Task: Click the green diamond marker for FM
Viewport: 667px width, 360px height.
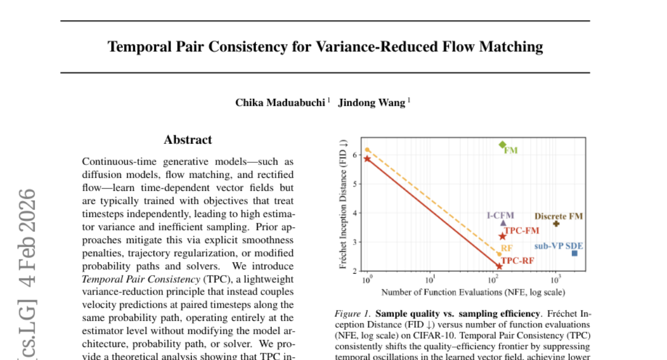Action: (x=502, y=144)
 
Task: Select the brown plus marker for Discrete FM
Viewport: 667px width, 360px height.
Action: (x=556, y=223)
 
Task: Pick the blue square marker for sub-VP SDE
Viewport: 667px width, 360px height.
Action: (x=574, y=253)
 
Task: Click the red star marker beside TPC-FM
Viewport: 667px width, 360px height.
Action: (x=502, y=237)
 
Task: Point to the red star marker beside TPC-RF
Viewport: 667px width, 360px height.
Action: (x=499, y=267)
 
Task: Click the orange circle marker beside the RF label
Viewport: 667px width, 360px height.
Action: (x=499, y=254)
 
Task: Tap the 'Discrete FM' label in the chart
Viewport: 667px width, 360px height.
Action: (x=559, y=216)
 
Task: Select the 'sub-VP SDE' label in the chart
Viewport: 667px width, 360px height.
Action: (x=559, y=246)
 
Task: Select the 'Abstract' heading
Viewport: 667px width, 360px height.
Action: (x=188, y=140)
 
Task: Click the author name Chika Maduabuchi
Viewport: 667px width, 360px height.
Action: (x=281, y=102)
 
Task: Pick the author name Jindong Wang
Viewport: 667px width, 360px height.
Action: (x=372, y=102)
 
